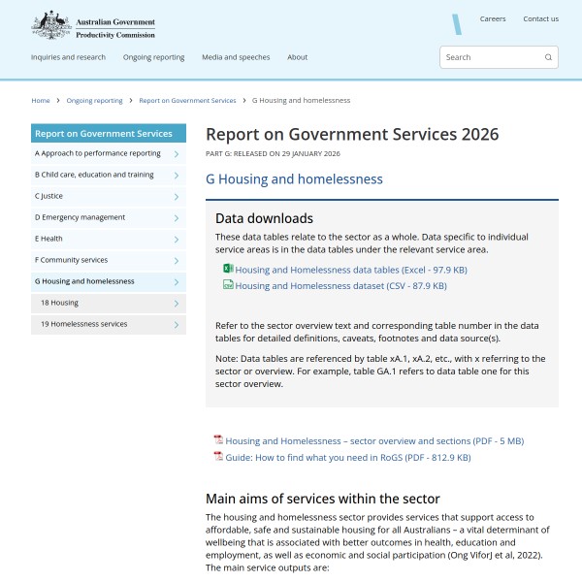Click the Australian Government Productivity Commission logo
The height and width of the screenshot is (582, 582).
93,24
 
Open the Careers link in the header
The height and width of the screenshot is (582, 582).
493,18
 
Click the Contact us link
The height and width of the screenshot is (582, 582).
540,18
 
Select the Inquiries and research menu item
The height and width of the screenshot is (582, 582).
68,57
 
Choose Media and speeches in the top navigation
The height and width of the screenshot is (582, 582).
236,57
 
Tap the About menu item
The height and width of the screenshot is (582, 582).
298,57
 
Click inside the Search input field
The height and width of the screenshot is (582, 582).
490,57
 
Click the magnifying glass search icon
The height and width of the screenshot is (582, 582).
548,57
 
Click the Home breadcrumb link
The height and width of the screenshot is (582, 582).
41,100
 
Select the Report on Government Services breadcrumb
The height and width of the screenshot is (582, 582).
187,100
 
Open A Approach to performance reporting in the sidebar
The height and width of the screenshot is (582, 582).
98,153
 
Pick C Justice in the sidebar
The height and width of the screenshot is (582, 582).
49,196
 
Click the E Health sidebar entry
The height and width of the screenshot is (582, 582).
48,239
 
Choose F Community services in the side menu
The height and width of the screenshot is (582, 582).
71,260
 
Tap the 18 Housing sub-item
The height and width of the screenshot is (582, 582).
59,303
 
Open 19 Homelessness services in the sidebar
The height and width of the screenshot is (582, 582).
83,324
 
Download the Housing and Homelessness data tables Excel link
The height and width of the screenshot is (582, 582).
350,270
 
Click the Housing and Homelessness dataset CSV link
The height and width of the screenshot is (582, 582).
340,286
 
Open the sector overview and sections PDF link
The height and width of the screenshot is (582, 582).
374,440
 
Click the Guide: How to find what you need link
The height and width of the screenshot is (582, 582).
347,457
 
